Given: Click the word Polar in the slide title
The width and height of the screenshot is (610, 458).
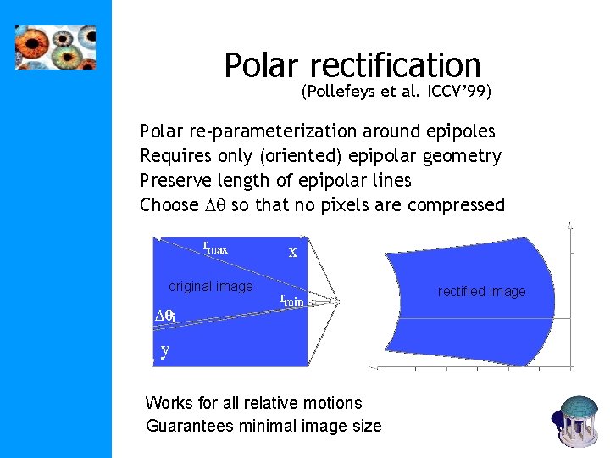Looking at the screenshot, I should [263, 66].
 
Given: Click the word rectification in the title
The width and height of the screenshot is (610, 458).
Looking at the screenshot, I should [396, 66].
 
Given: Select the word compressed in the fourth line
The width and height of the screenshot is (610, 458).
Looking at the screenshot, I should [456, 205].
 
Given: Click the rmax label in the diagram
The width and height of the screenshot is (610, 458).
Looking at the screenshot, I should [215, 249].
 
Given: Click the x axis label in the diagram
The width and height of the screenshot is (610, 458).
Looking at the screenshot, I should [292, 252].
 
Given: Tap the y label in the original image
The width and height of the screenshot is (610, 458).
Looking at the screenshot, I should [164, 349].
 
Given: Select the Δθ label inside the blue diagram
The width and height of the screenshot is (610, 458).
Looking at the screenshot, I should [165, 316].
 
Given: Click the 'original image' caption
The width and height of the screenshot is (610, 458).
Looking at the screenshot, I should [210, 287].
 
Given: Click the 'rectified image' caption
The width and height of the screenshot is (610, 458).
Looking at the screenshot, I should [481, 292].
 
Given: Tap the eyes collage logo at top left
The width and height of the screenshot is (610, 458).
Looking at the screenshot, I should [56, 47].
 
